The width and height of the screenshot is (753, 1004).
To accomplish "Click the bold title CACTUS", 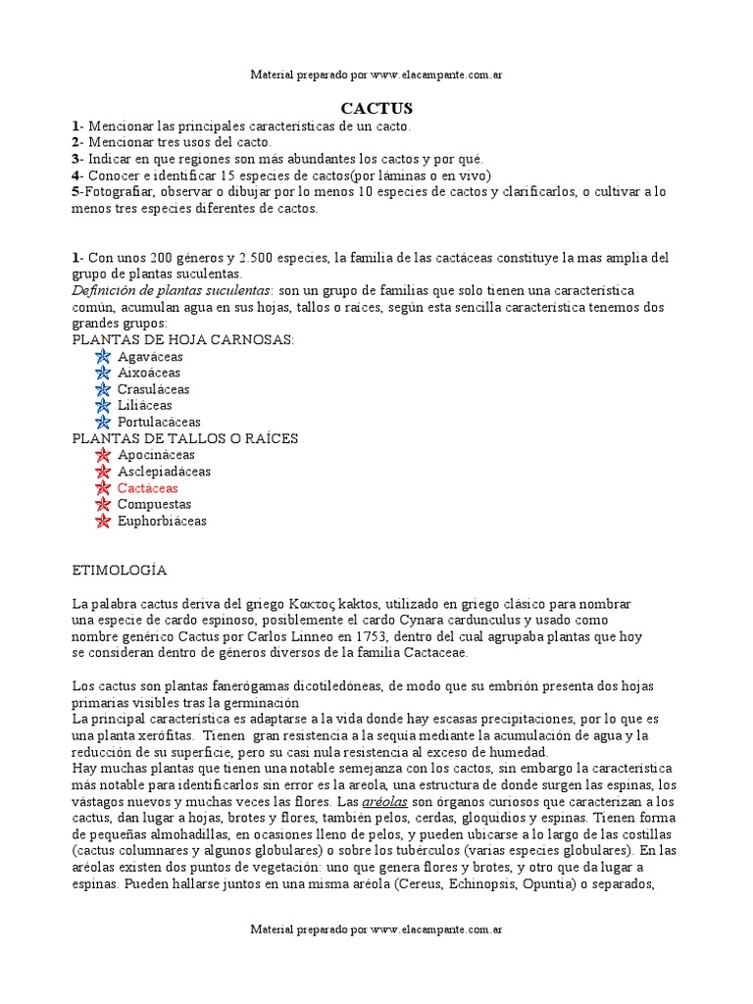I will pos(376,109).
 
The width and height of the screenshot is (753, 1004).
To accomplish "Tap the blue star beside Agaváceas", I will pos(103,356).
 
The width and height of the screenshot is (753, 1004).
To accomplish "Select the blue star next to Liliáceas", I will pos(103,405).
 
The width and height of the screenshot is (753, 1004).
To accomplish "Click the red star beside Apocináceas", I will pos(103,455).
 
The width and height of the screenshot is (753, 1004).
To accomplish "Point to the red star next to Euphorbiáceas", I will pos(103,521).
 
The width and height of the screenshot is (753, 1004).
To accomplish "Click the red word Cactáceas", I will pos(148,487).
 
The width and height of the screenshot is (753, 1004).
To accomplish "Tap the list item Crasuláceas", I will pos(153,389).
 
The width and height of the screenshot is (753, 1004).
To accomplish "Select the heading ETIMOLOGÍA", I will pos(120,570).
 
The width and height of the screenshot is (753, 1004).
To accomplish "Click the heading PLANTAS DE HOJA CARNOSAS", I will pos(183,339).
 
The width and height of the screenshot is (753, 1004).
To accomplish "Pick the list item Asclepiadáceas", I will pos(164,471).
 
